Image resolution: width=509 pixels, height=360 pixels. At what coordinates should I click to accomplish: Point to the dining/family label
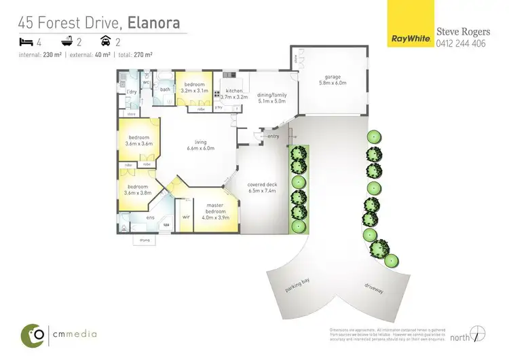[x=272, y=98]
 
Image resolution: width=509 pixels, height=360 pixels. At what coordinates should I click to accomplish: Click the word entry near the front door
[x=274, y=137]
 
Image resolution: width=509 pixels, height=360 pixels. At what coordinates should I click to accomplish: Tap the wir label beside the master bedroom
[x=185, y=217]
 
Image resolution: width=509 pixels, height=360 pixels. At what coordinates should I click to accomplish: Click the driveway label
[x=374, y=290]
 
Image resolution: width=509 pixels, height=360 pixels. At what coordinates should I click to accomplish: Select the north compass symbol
[x=478, y=334]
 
